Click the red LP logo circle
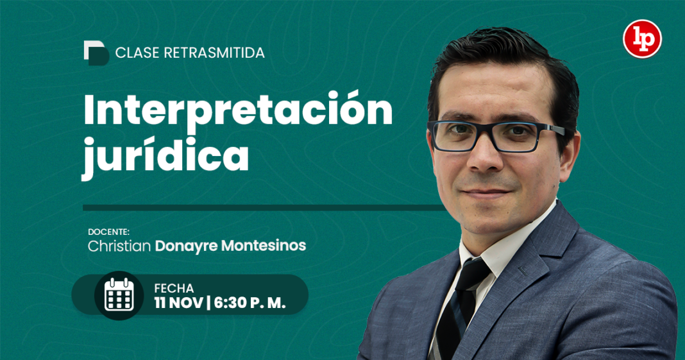tap(642, 39)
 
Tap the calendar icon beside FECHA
tap(119, 295)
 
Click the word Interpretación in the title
tap(237, 110)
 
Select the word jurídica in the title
tap(165, 155)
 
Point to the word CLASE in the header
tap(137, 53)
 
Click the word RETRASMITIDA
tap(214, 53)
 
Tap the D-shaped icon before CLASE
tap(96, 53)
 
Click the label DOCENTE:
tap(109, 232)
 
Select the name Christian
tap(119, 246)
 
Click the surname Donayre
tap(184, 246)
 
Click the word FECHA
tap(174, 288)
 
